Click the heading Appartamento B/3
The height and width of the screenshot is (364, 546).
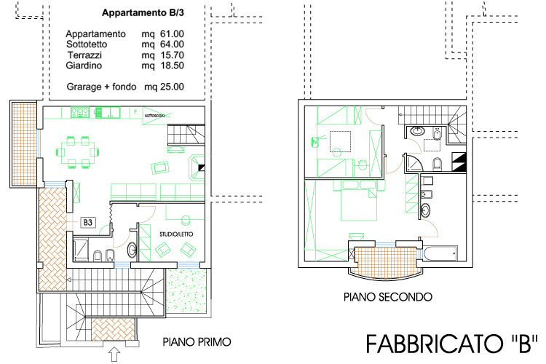143,13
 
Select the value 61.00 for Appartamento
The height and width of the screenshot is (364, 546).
172,33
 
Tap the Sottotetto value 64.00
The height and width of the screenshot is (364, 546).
172,44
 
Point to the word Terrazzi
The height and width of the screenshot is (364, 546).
84,55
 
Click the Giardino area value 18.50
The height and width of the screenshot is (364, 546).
172,66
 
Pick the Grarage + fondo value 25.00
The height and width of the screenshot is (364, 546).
172,87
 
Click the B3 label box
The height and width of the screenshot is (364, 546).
88,222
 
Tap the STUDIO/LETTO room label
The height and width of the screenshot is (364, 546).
176,234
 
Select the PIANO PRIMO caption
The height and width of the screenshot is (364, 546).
197,342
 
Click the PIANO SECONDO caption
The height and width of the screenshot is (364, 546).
388,297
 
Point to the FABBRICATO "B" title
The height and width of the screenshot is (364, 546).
452,344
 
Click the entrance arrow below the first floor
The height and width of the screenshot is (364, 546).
114,355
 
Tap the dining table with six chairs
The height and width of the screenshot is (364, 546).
77,152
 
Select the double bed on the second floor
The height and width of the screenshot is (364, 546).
359,201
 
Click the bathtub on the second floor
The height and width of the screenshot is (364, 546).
440,253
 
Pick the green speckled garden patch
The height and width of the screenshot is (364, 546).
186,291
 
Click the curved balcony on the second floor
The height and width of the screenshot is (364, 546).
385,263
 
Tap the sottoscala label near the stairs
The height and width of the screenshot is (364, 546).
154,115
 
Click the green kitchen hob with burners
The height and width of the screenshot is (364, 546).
80,112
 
